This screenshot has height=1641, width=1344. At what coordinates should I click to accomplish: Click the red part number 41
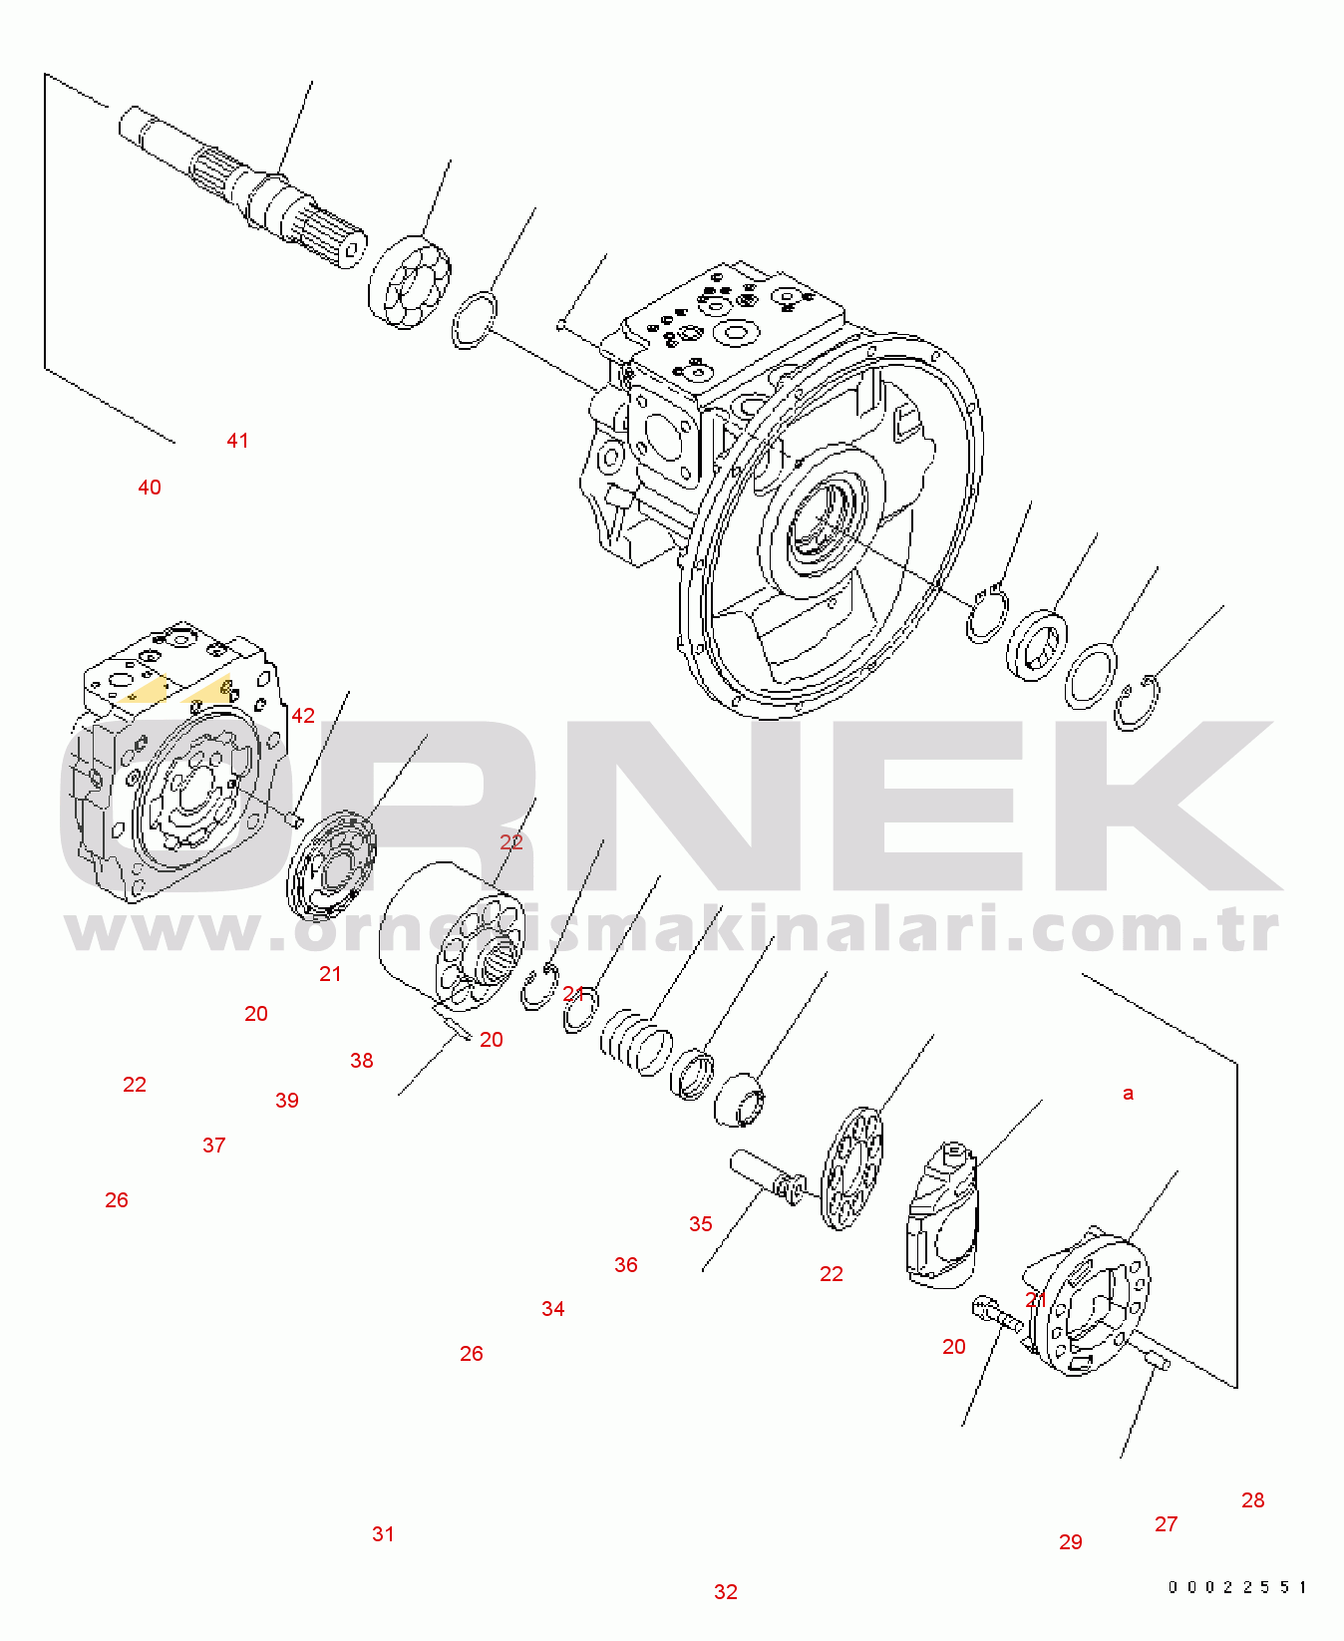(237, 441)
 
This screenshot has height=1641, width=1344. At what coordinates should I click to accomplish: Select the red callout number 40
(150, 488)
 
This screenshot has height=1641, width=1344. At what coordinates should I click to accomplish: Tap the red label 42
(303, 716)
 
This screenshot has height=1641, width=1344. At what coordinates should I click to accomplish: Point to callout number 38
(362, 1061)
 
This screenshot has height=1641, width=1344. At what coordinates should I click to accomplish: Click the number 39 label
(287, 1101)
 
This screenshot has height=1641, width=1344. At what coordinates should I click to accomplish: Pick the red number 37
(214, 1146)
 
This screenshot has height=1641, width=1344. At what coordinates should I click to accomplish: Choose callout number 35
(701, 1224)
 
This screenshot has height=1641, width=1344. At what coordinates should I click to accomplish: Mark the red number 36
(626, 1265)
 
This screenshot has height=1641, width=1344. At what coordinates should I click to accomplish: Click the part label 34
(553, 1309)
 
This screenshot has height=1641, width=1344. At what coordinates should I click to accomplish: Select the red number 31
(384, 1534)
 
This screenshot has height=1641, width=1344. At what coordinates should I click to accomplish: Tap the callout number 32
(726, 1592)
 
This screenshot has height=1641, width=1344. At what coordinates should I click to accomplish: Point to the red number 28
(1253, 1500)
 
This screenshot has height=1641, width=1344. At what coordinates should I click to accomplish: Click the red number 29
(1071, 1542)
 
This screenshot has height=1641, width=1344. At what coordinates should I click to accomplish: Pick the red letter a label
(1129, 1094)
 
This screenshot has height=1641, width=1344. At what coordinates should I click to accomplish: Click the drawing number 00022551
(1237, 1587)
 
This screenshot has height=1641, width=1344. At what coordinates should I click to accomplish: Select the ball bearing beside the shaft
(410, 282)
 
